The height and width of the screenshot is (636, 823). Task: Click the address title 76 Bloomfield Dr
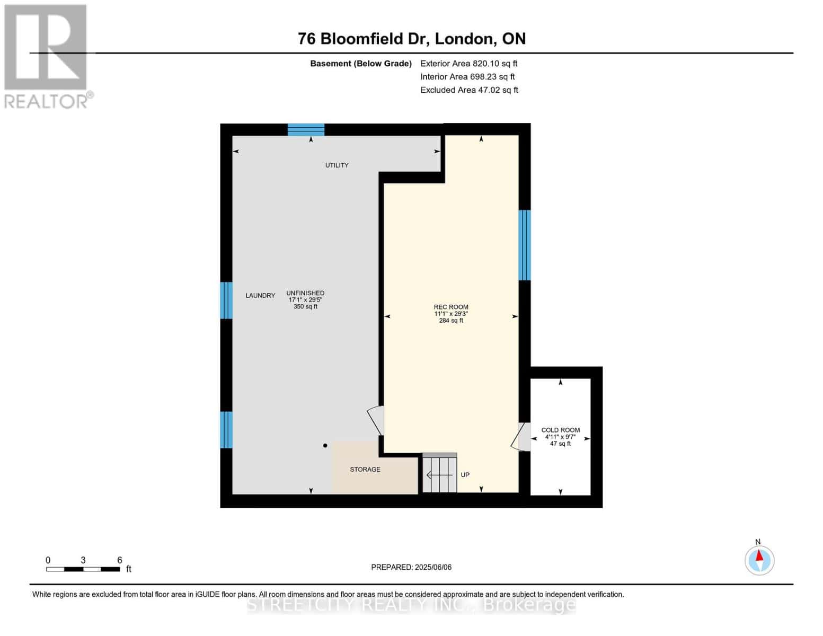(411, 39)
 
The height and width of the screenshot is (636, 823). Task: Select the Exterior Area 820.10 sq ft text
(468, 64)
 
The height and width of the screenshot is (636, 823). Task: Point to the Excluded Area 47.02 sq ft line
(469, 90)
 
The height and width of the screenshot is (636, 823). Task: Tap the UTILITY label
(337, 165)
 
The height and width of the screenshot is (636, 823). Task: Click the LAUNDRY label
(260, 296)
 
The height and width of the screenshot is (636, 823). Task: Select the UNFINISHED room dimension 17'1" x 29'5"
(305, 300)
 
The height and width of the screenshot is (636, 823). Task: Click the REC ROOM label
(451, 307)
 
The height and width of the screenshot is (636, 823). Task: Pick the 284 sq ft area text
(451, 321)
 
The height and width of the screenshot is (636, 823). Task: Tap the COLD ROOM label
(560, 430)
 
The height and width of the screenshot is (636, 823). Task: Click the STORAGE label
(365, 470)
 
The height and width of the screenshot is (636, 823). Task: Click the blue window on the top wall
(306, 130)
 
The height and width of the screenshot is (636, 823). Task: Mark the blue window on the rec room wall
(524, 245)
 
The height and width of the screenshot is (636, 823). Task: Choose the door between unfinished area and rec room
(376, 420)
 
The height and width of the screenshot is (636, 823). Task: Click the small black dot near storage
(325, 446)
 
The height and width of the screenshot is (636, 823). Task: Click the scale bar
(83, 569)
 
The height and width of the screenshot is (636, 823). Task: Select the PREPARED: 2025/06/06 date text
(411, 567)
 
